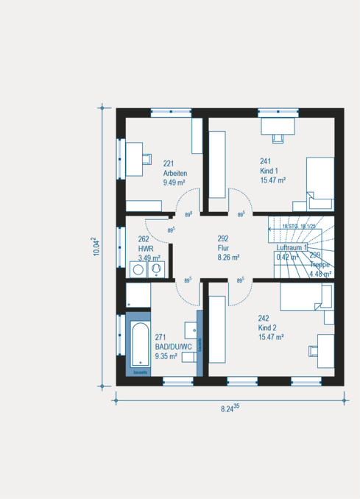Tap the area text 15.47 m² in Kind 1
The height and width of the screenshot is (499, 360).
272,179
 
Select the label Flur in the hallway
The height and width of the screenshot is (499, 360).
224,248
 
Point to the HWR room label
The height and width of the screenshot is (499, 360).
145,248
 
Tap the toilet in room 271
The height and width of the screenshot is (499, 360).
190,358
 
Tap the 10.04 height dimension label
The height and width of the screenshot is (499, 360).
95,247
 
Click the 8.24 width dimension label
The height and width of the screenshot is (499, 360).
230,408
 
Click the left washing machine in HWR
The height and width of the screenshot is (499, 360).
137,270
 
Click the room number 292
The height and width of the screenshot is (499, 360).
224,238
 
